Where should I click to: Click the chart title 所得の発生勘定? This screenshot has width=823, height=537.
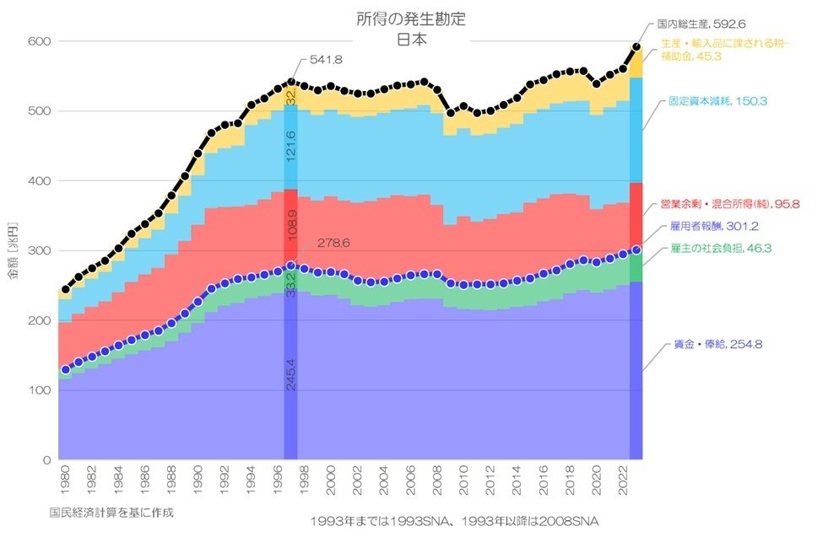click(x=410, y=19)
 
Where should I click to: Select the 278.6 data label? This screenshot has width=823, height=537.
click(x=333, y=243)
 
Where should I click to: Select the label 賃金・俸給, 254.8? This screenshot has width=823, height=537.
click(x=708, y=345)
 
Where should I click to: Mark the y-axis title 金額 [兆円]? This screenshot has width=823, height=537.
click(x=13, y=251)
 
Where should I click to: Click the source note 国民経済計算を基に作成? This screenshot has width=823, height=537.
click(x=112, y=511)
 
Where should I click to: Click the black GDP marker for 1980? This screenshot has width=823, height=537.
click(x=66, y=290)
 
